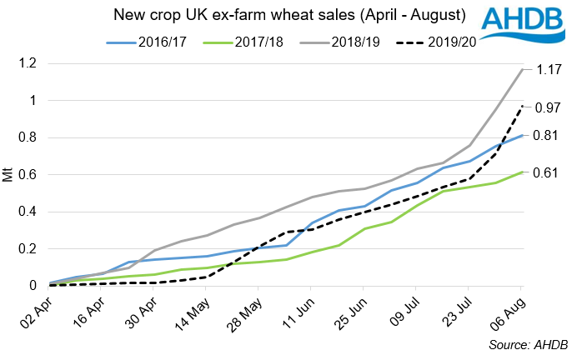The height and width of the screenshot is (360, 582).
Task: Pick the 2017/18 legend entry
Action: point(251,40)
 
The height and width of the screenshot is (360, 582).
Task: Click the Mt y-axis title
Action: point(8,174)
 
